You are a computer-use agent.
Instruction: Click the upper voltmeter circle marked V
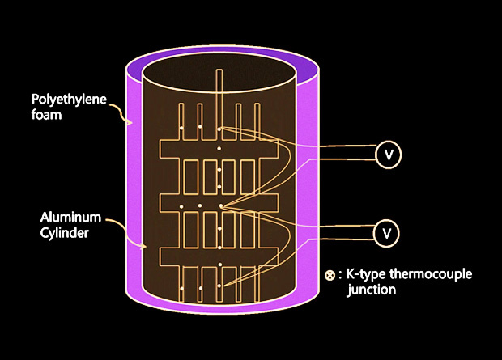pos(389,154)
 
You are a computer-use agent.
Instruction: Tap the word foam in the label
pos(47,115)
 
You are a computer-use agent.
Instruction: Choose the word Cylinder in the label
pos(66,231)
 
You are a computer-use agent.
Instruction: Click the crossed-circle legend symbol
pos(330,275)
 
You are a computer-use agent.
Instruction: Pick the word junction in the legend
pos(372,290)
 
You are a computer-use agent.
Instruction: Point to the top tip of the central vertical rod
pos(219,71)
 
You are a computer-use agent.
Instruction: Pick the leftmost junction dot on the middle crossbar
pos(182,206)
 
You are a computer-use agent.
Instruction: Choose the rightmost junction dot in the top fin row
pos(219,129)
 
